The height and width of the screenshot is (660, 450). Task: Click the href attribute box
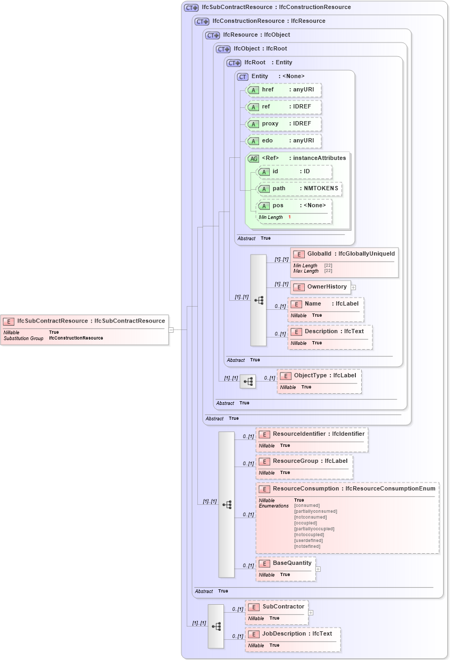click(x=284, y=90)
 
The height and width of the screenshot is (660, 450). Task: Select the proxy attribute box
click(x=284, y=124)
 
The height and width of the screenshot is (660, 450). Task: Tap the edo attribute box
click(x=284, y=141)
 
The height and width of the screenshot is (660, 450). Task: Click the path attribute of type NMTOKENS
click(x=299, y=189)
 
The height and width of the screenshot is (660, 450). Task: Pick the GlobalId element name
click(x=319, y=254)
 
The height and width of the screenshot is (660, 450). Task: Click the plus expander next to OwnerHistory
click(x=353, y=287)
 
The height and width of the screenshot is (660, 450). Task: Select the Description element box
click(x=330, y=337)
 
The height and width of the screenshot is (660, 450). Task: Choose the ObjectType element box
click(x=319, y=381)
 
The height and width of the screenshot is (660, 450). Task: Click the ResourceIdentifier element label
click(x=299, y=434)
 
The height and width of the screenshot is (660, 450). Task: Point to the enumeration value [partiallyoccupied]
click(x=314, y=529)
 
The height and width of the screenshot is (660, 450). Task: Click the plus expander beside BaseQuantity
click(x=318, y=569)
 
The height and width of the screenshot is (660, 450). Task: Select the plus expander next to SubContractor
click(x=311, y=612)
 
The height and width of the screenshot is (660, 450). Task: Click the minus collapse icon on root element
click(x=171, y=329)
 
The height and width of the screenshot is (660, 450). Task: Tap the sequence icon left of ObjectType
click(x=247, y=381)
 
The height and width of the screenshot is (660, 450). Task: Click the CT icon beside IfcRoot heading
click(x=234, y=63)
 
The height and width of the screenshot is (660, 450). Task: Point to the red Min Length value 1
click(x=289, y=217)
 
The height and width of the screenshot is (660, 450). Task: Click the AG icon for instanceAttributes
click(x=254, y=158)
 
